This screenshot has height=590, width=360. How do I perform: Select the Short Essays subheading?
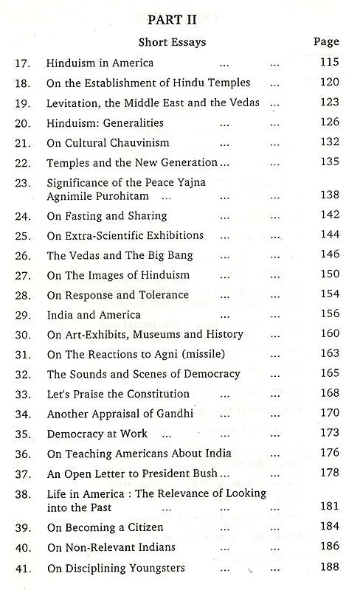click(x=172, y=43)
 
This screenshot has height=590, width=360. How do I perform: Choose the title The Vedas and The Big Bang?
click(x=120, y=255)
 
